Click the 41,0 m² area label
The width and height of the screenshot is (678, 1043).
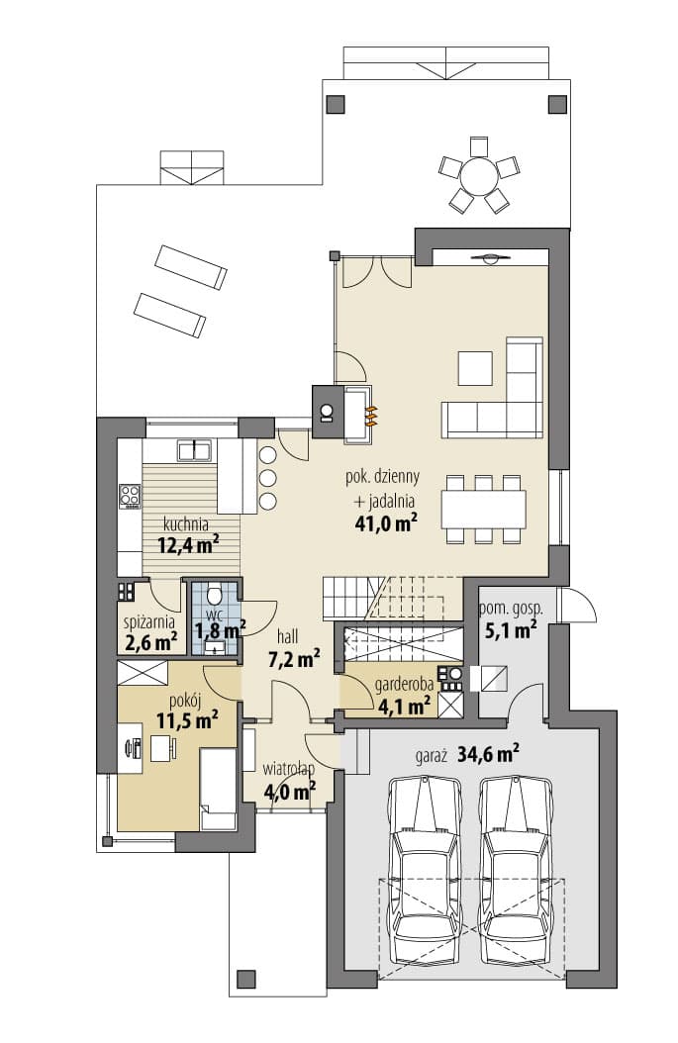point(387,523)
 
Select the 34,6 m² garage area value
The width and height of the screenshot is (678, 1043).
point(489,754)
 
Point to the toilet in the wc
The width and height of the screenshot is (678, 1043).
point(214,594)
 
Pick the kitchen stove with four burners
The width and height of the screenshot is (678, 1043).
point(130,495)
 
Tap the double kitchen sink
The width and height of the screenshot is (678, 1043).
point(194,450)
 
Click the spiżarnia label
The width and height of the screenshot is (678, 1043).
point(149,622)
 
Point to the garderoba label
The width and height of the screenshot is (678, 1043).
point(405,684)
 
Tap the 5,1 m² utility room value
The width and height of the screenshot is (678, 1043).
point(511,629)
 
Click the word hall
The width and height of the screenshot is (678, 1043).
point(287,636)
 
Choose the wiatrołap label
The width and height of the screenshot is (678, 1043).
point(289,770)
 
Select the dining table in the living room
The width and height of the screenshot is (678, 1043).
point(484,509)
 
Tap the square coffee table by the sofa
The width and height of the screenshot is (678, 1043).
point(476,368)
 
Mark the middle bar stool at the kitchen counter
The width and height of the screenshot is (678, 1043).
point(268,478)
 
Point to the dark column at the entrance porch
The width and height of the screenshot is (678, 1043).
point(246,979)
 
